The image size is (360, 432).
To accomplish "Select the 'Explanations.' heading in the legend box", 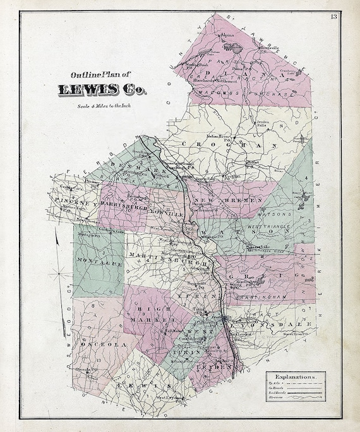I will point(295,376).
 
